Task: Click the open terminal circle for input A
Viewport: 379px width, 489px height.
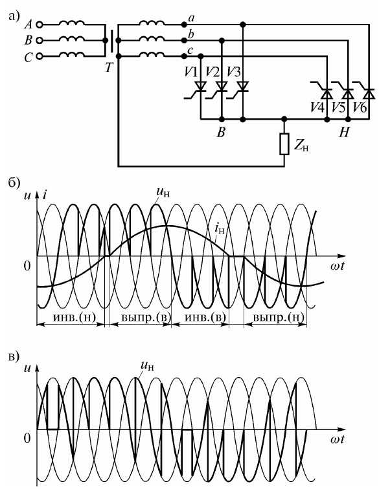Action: point(40,25)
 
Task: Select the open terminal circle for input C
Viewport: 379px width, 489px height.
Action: point(40,56)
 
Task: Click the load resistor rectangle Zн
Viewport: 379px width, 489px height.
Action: point(284,144)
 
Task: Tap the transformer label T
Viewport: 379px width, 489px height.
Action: point(108,67)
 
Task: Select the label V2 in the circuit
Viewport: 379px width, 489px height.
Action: point(212,72)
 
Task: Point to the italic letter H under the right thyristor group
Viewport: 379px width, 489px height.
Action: point(344,133)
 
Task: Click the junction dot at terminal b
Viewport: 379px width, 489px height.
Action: point(184,40)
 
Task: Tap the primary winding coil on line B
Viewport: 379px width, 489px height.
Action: point(72,39)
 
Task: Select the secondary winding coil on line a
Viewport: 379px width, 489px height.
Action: point(152,23)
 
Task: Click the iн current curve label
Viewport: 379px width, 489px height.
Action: point(220,230)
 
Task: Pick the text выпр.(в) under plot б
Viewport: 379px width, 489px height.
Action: point(146,318)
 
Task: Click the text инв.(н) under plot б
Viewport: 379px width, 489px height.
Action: point(75,318)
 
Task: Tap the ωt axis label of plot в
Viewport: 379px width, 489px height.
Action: point(337,439)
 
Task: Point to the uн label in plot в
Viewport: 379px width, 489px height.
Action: point(147,366)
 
